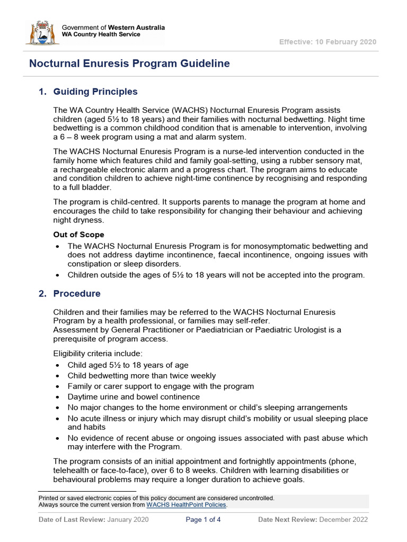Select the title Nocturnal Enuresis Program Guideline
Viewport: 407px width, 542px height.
(129, 64)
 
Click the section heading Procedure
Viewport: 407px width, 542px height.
(77, 293)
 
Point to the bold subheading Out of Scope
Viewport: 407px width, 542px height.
(78, 234)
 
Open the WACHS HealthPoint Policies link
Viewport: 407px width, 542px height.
(187, 505)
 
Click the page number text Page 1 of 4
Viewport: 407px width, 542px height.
(203, 520)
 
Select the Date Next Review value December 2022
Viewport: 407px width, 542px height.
(343, 520)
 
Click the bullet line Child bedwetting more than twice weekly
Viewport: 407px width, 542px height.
(141, 376)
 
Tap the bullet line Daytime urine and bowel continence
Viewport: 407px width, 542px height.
(134, 397)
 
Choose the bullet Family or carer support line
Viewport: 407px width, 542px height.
(161, 386)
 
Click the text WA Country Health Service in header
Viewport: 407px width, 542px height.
(101, 34)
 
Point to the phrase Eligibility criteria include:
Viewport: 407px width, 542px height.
(98, 354)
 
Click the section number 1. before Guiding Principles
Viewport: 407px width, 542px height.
(43, 92)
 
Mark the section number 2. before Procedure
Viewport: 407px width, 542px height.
(43, 293)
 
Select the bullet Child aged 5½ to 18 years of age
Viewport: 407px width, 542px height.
(128, 365)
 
